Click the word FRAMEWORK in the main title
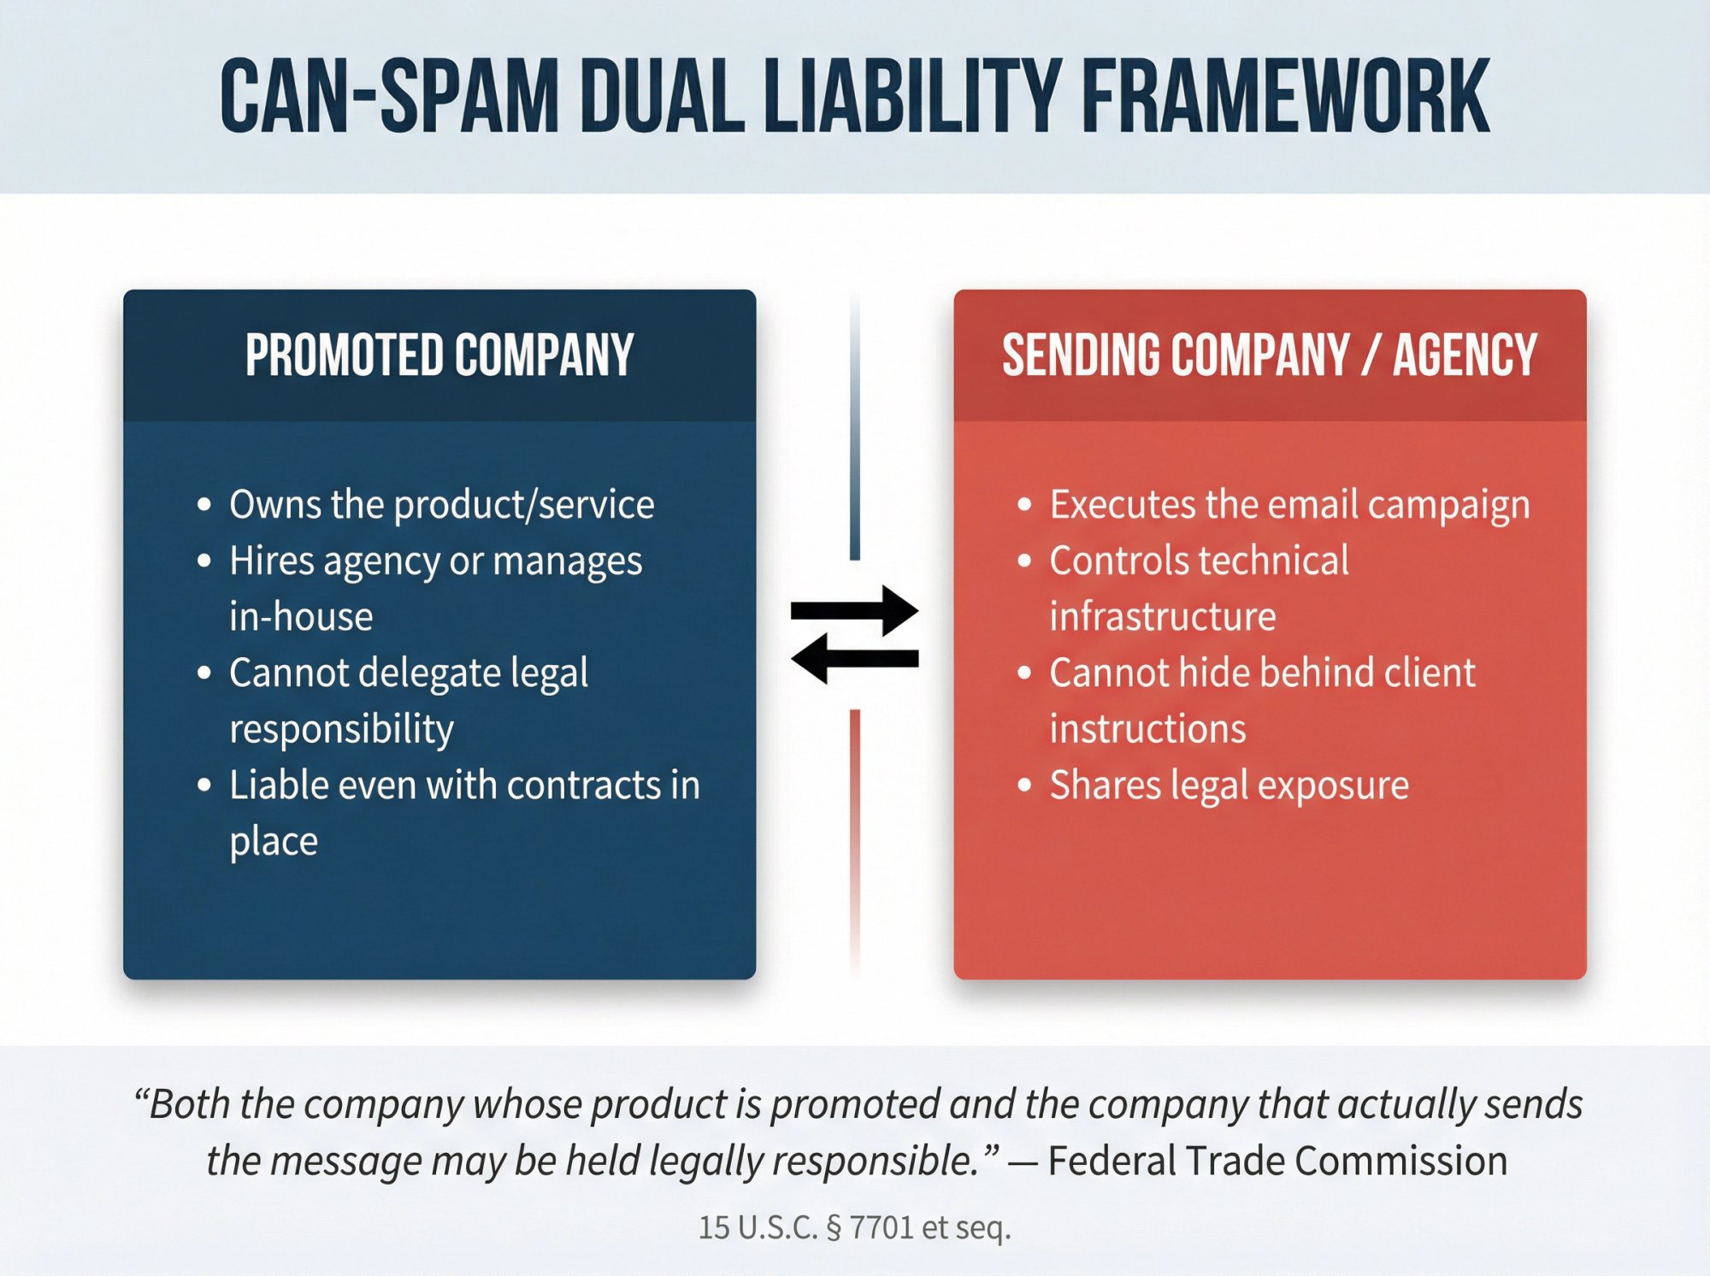[x=1286, y=97]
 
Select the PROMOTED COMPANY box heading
[x=439, y=355]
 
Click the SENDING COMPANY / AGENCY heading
[x=1270, y=355]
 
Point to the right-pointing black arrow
[x=854, y=610]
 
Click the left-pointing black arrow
[x=854, y=658]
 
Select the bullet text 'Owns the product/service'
[x=441, y=504]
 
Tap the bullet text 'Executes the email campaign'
[x=1289, y=504]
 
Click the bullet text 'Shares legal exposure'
[x=1229, y=785]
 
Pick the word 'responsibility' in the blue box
[x=341, y=729]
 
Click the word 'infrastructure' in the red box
[x=1163, y=617]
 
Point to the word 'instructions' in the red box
[x=1147, y=729]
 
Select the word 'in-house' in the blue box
[x=301, y=617]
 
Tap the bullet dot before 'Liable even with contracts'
[x=203, y=785]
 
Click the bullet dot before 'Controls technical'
[x=1024, y=562]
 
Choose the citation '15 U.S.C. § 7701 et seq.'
[x=854, y=1227]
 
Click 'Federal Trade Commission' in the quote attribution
[x=1277, y=1161]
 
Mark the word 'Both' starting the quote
[x=190, y=1104]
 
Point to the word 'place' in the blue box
[x=274, y=841]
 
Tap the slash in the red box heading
[x=1371, y=355]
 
